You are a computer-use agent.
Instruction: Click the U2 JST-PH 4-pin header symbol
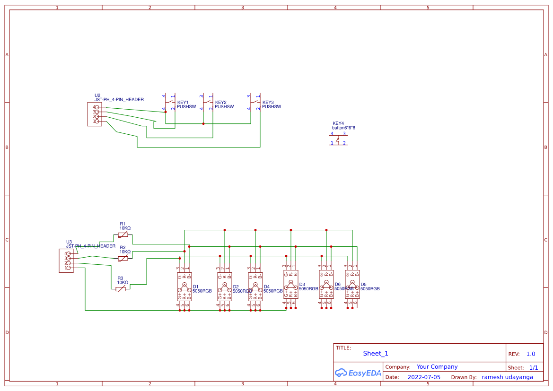[94, 114]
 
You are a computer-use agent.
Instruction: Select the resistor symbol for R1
[123, 235]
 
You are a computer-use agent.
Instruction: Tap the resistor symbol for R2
[123, 259]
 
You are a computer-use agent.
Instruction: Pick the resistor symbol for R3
[121, 289]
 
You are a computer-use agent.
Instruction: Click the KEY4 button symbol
[338, 139]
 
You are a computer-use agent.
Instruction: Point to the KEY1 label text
[183, 102]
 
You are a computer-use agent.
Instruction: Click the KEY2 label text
[220, 102]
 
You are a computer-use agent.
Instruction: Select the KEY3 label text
[268, 102]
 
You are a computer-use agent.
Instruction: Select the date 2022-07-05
[424, 377]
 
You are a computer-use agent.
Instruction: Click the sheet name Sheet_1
[376, 353]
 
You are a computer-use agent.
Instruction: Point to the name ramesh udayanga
[507, 377]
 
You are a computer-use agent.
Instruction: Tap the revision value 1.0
[531, 354]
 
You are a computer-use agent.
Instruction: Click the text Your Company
[437, 367]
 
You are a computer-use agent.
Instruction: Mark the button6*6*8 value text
[343, 128]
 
